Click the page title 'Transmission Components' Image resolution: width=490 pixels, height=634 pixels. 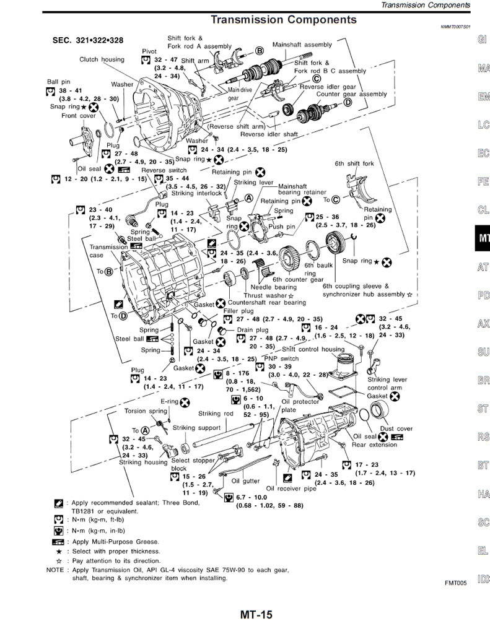click(x=283, y=20)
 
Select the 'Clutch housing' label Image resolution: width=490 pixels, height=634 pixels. click(x=102, y=59)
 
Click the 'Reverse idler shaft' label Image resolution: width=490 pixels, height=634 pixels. click(x=269, y=134)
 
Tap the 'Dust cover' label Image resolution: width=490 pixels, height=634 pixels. click(x=396, y=428)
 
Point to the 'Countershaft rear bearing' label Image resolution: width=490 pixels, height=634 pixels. click(x=267, y=303)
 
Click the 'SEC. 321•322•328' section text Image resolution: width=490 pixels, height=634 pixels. click(x=87, y=40)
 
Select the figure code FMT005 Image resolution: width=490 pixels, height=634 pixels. click(x=455, y=583)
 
